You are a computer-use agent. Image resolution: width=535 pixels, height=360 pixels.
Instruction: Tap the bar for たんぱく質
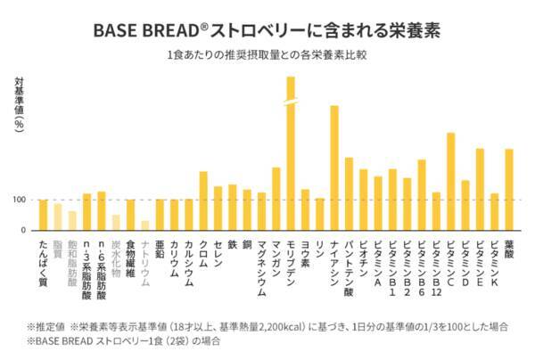point(43,215)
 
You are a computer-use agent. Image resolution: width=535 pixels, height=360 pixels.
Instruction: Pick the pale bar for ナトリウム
point(144,225)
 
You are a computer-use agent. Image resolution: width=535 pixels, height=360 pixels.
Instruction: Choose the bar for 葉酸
point(509,189)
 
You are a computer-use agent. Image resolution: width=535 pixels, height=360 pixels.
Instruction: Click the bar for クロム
point(203,200)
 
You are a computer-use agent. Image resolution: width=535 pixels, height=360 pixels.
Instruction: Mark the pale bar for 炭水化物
point(115,222)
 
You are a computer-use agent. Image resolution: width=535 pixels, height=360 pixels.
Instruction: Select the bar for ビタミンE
point(480,189)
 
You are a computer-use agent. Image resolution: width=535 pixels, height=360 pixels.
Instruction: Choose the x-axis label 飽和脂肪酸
point(71,263)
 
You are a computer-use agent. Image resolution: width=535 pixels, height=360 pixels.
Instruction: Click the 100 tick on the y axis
point(19,200)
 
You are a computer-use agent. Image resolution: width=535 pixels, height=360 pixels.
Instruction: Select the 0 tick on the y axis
point(23,230)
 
